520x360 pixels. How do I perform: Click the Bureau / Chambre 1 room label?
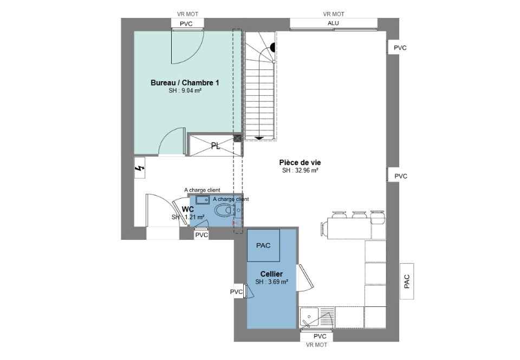(185, 82)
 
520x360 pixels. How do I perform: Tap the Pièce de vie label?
(300, 162)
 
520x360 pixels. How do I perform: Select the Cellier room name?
(271, 274)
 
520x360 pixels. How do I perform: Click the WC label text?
(188, 210)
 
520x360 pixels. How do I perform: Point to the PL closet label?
(216, 146)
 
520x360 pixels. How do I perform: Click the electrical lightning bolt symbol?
(140, 168)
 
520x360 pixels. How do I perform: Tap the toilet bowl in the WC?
(224, 210)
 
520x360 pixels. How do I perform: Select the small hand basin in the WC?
(202, 200)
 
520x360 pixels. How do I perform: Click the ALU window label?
(333, 23)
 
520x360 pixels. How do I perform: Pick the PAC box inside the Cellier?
(264, 245)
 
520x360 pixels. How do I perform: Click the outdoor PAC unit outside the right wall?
(407, 282)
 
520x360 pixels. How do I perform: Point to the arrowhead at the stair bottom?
(259, 138)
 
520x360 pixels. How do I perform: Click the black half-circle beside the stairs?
(273, 48)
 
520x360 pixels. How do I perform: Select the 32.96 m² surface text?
(301, 171)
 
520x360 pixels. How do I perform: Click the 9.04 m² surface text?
(185, 90)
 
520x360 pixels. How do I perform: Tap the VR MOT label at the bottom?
(317, 345)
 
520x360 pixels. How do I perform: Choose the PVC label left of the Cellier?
(237, 292)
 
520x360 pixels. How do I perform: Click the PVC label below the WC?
(201, 235)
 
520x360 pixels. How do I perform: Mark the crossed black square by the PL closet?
(237, 138)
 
